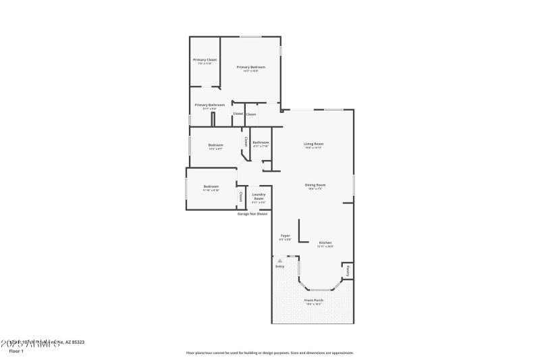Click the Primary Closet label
(205, 60)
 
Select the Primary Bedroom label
(250, 67)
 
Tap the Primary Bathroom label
(209, 105)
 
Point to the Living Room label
(313, 144)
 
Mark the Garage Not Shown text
(252, 214)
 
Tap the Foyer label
(285, 236)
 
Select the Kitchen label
(325, 242)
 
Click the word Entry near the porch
(279, 266)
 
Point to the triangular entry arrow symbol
(279, 260)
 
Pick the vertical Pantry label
(348, 270)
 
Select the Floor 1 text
(16, 351)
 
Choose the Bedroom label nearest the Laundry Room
(211, 186)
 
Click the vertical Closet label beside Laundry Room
(241, 197)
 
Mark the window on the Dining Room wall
(353, 185)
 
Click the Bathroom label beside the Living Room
(261, 143)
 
